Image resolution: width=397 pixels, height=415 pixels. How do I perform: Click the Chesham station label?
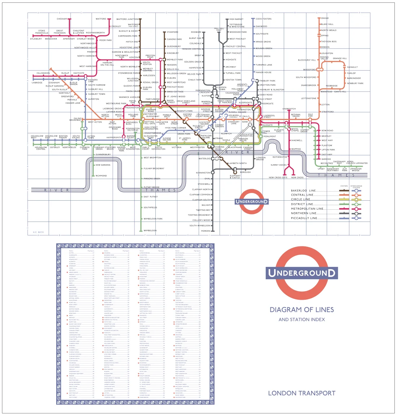click(x=62, y=19)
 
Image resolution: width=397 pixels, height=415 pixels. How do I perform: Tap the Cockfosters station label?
click(x=263, y=19)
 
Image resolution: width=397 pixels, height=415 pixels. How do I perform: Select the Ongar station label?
click(x=325, y=18)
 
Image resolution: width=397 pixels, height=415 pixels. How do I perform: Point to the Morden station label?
click(x=206, y=231)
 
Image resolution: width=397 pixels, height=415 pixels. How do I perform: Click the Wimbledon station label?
click(x=150, y=231)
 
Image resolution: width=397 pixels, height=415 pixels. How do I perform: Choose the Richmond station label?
click(x=101, y=176)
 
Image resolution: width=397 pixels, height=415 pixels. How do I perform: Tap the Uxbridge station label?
click(x=37, y=82)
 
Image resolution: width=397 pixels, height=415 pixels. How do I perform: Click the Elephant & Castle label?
click(x=235, y=177)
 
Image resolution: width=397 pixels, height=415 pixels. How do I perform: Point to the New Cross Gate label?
click(x=278, y=178)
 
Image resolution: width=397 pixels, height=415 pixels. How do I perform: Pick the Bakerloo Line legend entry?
click(x=303, y=191)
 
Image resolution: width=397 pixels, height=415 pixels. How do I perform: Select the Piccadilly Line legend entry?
click(x=304, y=218)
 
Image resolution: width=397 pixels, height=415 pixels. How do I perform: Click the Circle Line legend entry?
click(x=300, y=199)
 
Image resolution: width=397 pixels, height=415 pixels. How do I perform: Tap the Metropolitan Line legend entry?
click(x=307, y=209)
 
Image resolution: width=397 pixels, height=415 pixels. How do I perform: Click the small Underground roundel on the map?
click(x=251, y=201)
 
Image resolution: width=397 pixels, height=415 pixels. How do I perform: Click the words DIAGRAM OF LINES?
click(x=301, y=310)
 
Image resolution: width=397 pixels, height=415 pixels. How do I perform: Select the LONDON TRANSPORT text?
click(x=301, y=393)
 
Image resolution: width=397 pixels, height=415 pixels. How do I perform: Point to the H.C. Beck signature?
click(x=38, y=232)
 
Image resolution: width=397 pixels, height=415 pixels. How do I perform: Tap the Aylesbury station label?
click(x=36, y=39)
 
